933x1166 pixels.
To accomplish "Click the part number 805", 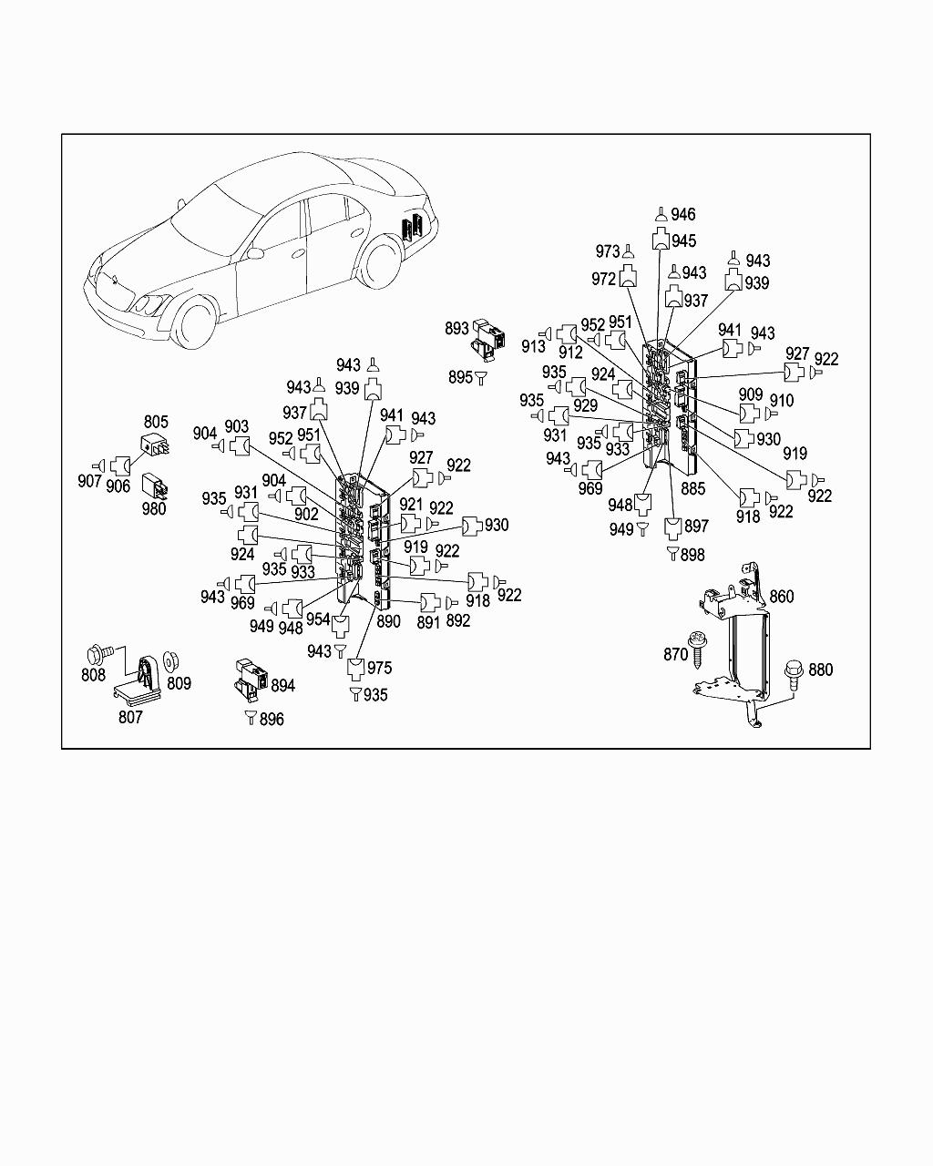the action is coord(156,422).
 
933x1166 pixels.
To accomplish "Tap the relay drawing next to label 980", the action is coord(152,484).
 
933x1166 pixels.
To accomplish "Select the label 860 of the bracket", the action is coord(782,597).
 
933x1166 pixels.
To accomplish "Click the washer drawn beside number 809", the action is coord(169,661).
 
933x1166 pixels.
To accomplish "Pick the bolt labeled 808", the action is coord(96,653).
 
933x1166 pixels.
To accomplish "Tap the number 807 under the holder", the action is coord(130,717).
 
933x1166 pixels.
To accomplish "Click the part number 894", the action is coord(283,685).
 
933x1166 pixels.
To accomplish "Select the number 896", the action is coord(272,719).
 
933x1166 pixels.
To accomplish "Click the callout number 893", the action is coord(456,328).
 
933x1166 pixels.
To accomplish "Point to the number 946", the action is coord(682,214).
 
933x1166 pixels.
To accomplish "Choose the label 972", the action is coord(603,280).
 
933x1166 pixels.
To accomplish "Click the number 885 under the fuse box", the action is coord(692,488).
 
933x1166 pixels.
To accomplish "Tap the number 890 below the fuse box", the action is coord(388,621).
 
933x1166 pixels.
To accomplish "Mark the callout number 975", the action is coord(379,668).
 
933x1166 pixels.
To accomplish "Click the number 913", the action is coord(533,346).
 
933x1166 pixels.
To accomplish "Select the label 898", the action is coord(692,554).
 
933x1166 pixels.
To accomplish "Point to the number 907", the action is coord(89,480).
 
